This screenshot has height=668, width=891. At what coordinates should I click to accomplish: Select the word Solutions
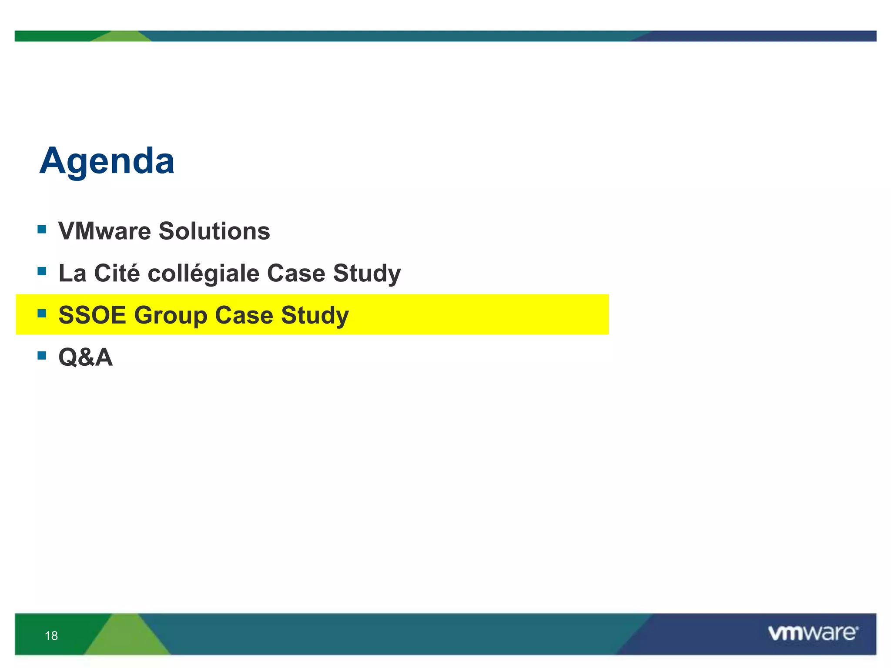click(x=214, y=231)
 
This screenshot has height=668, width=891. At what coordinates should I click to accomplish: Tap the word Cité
click(x=117, y=273)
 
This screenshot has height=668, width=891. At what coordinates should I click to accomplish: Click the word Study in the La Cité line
click(x=366, y=274)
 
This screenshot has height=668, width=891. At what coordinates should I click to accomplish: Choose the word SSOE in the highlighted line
click(x=92, y=315)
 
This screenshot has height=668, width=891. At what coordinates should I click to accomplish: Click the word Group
click(x=170, y=316)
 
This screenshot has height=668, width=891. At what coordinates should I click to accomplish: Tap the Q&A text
click(x=86, y=357)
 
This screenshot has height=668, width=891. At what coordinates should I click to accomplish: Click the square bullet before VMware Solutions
click(x=42, y=229)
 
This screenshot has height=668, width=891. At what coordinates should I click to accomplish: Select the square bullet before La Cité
click(x=42, y=271)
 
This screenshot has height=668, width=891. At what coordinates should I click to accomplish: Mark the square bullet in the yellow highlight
click(x=42, y=313)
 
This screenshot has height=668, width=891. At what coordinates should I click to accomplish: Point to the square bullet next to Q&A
click(x=42, y=356)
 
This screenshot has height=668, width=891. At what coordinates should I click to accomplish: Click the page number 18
click(x=51, y=636)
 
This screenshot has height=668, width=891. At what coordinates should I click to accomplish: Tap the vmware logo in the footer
click(x=813, y=633)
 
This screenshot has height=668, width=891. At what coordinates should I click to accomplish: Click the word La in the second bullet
click(x=72, y=273)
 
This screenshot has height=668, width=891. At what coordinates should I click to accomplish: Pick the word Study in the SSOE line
click(x=315, y=316)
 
